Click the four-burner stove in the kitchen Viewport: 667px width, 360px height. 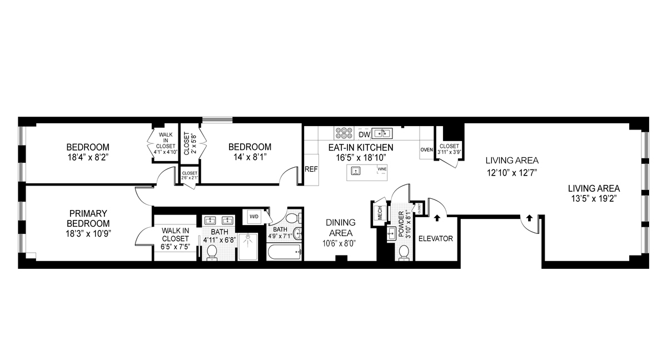tap(344, 133)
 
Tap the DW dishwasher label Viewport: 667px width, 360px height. tap(364, 134)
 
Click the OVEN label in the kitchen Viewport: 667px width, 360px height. tap(426, 149)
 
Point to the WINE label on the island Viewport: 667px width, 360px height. tap(382, 168)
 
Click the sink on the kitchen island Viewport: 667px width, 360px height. tap(356, 171)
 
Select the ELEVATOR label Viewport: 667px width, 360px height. tap(435, 239)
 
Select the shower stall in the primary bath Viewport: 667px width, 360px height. tap(248, 247)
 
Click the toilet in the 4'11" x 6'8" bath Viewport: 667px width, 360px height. tap(212, 253)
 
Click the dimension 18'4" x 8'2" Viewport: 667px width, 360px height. tap(88, 157)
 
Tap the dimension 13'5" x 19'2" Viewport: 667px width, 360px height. tap(593, 198)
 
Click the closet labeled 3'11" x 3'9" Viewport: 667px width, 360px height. tap(449, 149)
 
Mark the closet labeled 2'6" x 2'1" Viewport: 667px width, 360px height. tap(190, 176)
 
